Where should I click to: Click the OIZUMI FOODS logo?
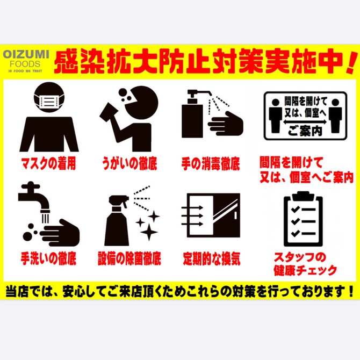point(26,61)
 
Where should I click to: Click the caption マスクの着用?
point(48,163)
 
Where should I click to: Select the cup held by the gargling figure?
point(109,113)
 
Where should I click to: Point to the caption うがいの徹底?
point(129,163)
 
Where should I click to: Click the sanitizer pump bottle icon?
point(193,114)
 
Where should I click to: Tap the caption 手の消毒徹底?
point(211,163)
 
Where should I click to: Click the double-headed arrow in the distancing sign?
point(305,121)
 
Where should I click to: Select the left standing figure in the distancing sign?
point(275,116)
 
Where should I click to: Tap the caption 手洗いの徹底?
point(48,258)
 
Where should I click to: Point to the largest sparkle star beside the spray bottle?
point(149,232)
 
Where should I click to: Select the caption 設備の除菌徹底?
point(129,258)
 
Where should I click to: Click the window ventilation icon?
point(211,215)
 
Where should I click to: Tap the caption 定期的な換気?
point(212,258)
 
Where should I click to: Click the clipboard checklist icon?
point(303,219)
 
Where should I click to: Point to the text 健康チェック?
point(305,270)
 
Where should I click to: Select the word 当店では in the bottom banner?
point(31,291)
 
